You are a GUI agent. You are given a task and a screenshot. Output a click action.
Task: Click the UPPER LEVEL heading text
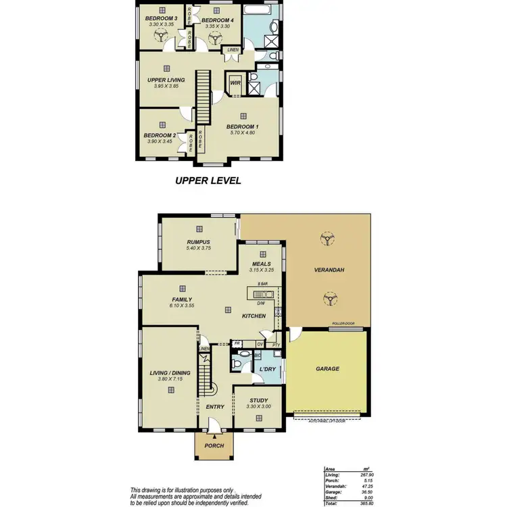click(x=208, y=180)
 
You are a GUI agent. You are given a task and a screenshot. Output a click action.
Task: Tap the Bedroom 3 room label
click(x=162, y=18)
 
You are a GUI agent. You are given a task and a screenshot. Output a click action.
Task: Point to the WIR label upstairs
click(x=235, y=83)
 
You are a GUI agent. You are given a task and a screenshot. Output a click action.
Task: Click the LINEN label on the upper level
click(x=233, y=50)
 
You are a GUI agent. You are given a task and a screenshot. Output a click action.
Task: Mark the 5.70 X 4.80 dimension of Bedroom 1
click(x=242, y=133)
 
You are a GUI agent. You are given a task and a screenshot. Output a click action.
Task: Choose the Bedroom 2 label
click(x=160, y=135)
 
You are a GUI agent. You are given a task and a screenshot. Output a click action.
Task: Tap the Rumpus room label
click(x=199, y=242)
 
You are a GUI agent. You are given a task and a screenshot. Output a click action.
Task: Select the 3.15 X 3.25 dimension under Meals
click(x=262, y=270)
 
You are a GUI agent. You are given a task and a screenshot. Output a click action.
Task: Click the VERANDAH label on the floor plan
click(x=329, y=270)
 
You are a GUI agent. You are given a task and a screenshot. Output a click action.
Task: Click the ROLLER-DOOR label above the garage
click(x=343, y=324)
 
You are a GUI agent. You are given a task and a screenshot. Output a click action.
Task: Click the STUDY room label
click(x=258, y=400)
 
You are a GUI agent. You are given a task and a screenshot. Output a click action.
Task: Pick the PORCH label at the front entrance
click(x=214, y=445)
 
